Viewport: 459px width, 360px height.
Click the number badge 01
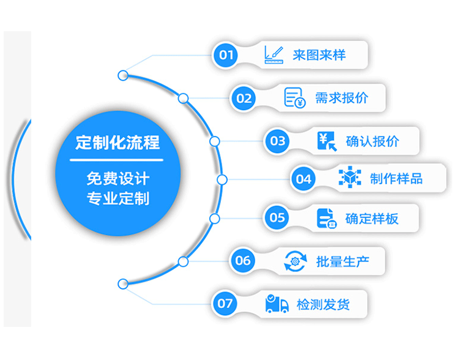226,55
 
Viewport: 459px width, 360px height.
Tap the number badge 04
304,179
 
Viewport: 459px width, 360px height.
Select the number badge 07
225,304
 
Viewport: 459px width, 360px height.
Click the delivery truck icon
277,304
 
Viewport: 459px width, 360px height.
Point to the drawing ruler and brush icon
274,54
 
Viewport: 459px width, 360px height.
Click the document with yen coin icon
294,97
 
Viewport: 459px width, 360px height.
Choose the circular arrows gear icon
295,261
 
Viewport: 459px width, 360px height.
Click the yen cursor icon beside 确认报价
327,141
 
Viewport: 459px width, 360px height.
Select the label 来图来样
319,55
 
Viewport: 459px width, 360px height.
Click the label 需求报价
341,98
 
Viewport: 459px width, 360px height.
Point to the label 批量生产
343,261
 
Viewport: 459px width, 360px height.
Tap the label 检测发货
323,305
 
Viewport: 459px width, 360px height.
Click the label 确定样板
371,219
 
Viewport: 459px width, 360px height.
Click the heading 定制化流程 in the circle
118,143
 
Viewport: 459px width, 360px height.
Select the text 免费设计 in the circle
118,178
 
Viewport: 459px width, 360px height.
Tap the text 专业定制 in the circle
118,198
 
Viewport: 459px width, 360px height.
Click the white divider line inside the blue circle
116,160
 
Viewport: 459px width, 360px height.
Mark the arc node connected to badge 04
222,179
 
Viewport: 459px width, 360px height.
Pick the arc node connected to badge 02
183,98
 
